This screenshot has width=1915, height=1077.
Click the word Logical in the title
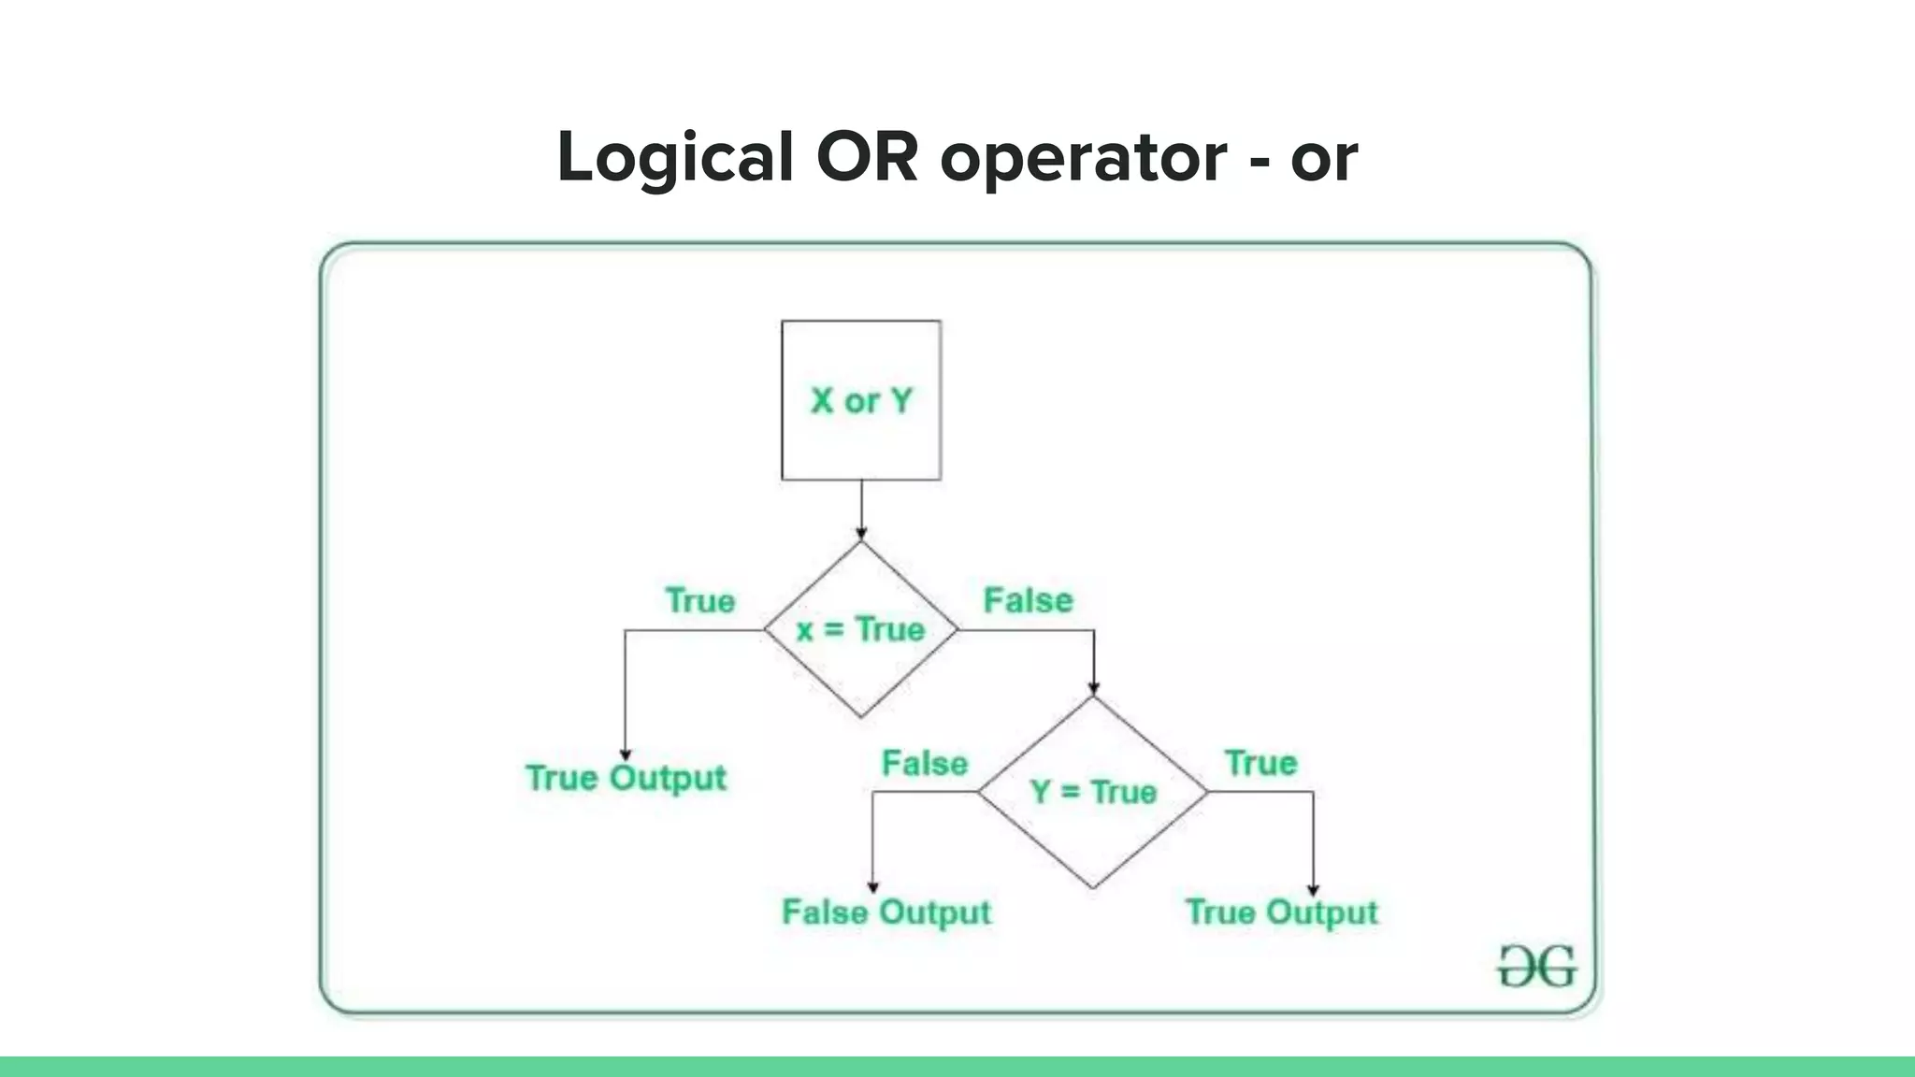675,157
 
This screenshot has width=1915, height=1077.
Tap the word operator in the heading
1083,157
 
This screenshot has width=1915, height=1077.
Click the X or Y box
861,400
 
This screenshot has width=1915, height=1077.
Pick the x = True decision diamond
861,629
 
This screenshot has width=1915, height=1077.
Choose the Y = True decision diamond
1093,792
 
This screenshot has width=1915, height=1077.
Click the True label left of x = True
700,600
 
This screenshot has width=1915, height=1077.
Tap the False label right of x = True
1028,600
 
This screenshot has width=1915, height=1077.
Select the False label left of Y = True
925,764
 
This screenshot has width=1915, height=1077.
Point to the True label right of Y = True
1260,763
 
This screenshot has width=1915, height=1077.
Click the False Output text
886,912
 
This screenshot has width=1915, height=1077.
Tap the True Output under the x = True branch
626,778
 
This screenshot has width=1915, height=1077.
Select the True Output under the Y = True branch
1281,912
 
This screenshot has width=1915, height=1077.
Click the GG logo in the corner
1536,967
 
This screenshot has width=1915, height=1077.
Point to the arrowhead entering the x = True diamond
861,534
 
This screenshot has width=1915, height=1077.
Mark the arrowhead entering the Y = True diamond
1093,690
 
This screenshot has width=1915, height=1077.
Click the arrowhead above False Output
872,887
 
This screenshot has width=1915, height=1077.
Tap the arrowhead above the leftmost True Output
626,754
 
